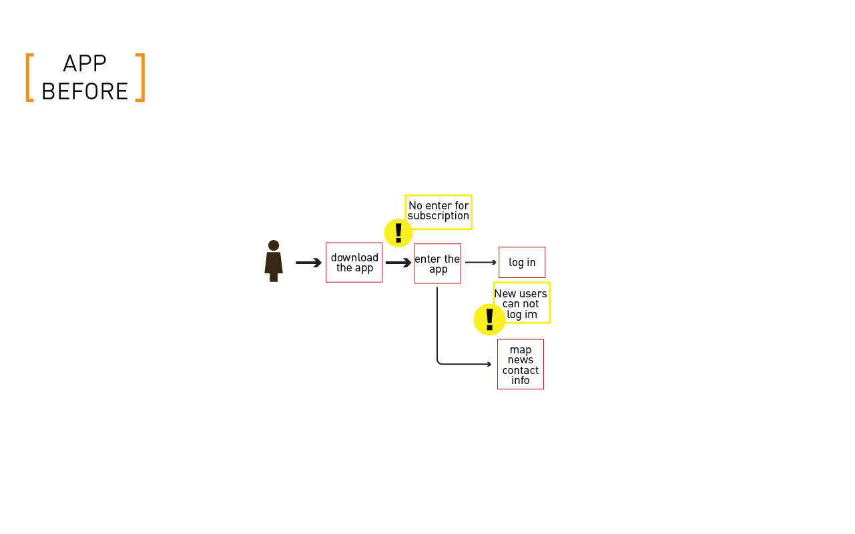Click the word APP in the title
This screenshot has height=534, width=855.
(x=85, y=64)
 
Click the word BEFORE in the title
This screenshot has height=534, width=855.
(x=85, y=91)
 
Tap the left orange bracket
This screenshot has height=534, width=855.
(x=29, y=77)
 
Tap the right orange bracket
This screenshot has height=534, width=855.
(x=140, y=77)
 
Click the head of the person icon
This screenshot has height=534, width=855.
(x=274, y=245)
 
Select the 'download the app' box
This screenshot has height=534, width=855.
(x=354, y=263)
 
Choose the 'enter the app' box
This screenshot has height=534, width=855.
(x=437, y=263)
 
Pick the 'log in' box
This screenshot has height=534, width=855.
(x=522, y=263)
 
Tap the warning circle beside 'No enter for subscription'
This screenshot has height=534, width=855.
(x=398, y=233)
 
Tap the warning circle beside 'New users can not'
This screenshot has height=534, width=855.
(x=489, y=319)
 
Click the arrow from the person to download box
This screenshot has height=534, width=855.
(x=308, y=263)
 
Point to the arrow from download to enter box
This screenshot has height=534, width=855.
(x=398, y=263)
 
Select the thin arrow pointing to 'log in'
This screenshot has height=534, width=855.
(x=481, y=263)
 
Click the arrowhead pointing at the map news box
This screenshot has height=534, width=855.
(x=489, y=364)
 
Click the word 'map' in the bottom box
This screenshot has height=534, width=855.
(x=521, y=350)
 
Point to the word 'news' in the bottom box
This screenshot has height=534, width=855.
(x=521, y=360)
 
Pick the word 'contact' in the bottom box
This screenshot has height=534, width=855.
(x=521, y=371)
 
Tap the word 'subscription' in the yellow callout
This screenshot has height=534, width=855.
(x=439, y=216)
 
